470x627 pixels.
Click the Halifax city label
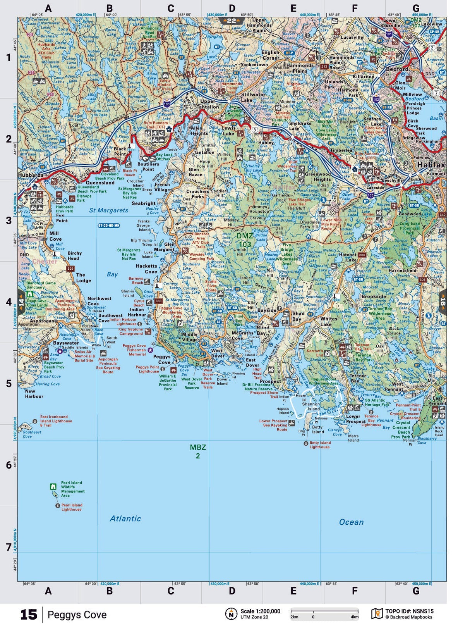[431, 165]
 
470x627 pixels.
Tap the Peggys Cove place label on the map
[162, 359]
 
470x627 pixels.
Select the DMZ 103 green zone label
[245, 240]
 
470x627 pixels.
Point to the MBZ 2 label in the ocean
[197, 451]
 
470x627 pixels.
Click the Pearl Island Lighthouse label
[72, 507]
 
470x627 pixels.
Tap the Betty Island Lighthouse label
[319, 444]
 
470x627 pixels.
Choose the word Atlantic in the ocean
[125, 518]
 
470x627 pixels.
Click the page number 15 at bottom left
[29, 615]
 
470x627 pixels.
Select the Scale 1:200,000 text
[260, 611]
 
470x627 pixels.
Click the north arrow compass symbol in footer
[231, 614]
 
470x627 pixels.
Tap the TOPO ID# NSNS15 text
[409, 611]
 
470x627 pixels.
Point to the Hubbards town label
[31, 175]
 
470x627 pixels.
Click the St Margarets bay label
[108, 210]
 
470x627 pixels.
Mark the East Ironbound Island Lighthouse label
[56, 421]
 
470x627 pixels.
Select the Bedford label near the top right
[397, 69]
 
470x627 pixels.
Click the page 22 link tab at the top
[231, 21]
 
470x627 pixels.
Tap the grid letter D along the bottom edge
[232, 591]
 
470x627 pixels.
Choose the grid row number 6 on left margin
[9, 465]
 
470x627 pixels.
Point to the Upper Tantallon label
[208, 104]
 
